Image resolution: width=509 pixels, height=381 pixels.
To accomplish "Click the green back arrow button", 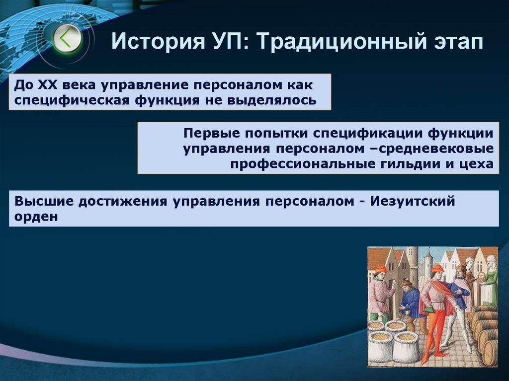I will pos(67,38).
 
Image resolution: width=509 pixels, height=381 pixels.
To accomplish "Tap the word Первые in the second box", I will pos(210,133).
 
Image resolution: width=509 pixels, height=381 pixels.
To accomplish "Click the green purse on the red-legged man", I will pos(429,308).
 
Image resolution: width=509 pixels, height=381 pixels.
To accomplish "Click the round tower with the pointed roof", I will pos(428,266).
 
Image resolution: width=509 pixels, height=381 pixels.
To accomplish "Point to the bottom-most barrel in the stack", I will pos(490,353).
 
